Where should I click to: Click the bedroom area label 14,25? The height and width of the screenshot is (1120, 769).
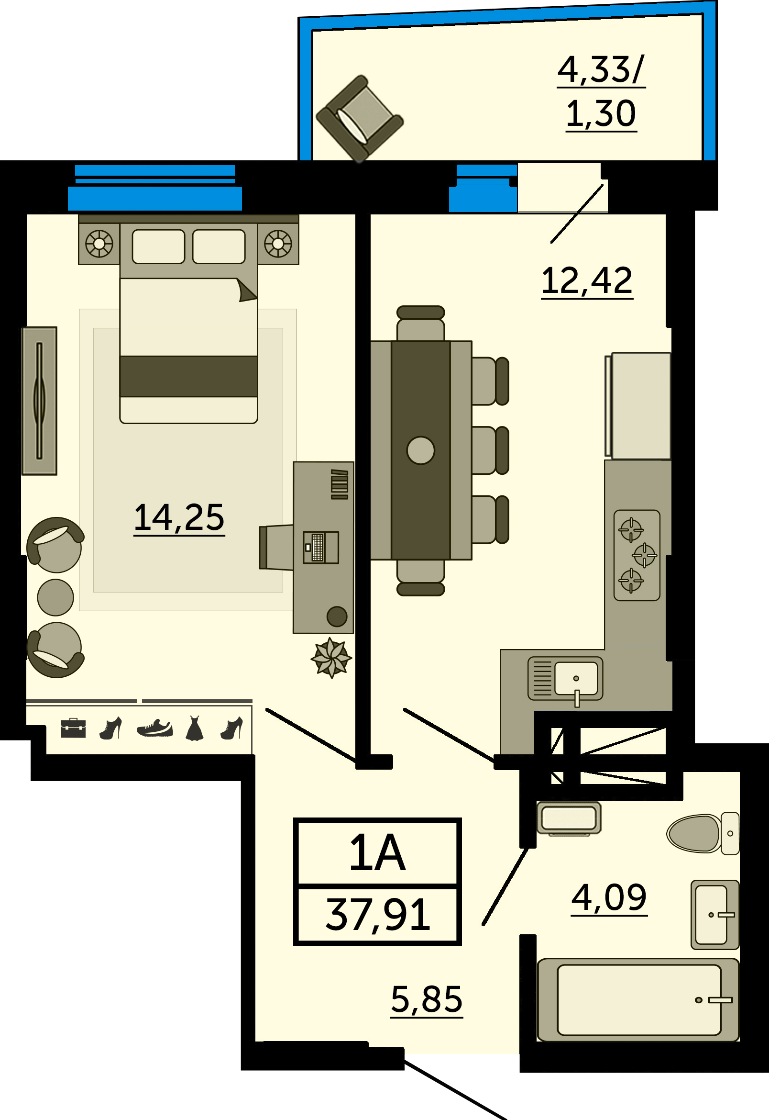click(179, 518)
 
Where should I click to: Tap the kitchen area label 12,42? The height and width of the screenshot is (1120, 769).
click(587, 281)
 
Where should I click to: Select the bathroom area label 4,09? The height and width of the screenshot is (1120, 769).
click(609, 898)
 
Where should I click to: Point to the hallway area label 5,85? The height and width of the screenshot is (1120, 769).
click(427, 1000)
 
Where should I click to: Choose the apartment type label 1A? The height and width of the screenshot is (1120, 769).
click(378, 853)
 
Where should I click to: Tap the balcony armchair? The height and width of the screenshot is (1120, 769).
click(360, 119)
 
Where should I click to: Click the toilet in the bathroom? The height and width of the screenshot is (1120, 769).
click(703, 833)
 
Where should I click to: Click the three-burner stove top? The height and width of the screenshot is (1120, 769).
click(637, 555)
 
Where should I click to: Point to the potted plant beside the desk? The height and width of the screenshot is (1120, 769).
click(331, 658)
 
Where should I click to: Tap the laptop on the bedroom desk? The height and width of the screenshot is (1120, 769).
click(321, 548)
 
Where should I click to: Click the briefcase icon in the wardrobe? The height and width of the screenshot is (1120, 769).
click(73, 728)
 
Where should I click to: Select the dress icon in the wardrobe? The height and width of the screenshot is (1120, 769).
click(195, 728)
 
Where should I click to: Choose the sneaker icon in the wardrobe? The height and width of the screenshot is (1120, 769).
click(154, 728)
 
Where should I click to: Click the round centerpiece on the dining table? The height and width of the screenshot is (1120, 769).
click(421, 450)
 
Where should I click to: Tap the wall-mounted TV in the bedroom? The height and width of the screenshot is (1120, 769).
click(40, 401)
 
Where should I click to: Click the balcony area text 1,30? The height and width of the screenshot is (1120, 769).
click(601, 114)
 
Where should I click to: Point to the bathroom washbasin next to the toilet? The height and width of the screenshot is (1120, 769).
click(714, 915)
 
